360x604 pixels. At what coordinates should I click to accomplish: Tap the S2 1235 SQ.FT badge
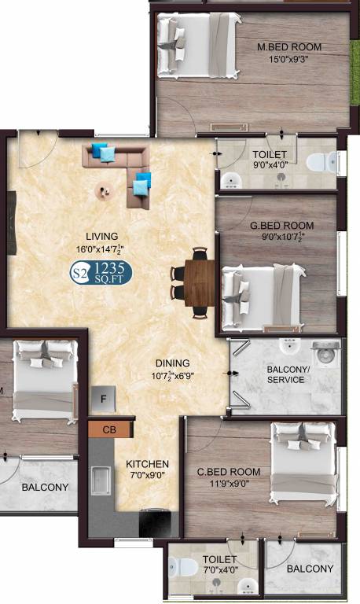click(x=101, y=273)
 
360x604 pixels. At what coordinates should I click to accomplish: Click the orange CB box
click(x=110, y=429)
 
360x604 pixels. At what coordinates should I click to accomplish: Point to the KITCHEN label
click(x=148, y=464)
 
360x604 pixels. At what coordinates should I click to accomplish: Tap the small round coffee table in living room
click(x=103, y=190)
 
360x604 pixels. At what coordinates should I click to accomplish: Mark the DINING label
click(x=172, y=363)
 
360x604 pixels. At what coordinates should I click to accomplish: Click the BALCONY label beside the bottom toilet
click(x=309, y=569)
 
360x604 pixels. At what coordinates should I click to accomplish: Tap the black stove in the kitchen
click(x=155, y=524)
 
